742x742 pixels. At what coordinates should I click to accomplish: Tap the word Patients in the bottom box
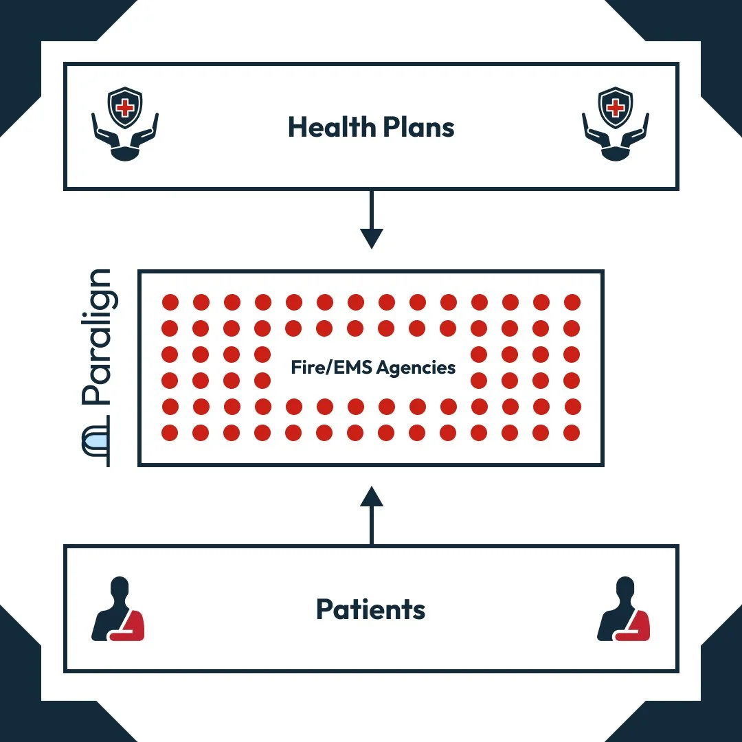click(x=371, y=609)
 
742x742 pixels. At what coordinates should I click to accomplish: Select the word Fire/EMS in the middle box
click(x=322, y=368)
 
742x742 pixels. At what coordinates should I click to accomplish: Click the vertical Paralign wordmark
click(x=96, y=337)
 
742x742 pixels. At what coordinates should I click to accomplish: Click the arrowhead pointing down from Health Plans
click(x=371, y=238)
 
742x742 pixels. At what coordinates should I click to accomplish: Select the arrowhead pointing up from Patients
click(x=371, y=497)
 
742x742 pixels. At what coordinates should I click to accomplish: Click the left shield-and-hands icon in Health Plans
click(x=126, y=124)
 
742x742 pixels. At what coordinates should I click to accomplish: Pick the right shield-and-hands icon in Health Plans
click(x=616, y=124)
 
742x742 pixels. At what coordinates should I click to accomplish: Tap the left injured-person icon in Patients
click(x=119, y=610)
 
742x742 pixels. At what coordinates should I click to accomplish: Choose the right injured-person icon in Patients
click(x=624, y=610)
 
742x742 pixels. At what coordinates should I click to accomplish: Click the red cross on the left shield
click(x=126, y=107)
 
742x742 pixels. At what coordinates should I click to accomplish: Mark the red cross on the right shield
click(x=616, y=107)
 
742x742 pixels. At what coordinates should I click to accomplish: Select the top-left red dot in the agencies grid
click(x=170, y=302)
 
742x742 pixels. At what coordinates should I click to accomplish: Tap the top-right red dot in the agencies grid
click(x=572, y=302)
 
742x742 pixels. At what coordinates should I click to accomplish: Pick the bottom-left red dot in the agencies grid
click(x=170, y=433)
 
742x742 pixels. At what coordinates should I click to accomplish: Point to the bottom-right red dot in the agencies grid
click(x=572, y=433)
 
